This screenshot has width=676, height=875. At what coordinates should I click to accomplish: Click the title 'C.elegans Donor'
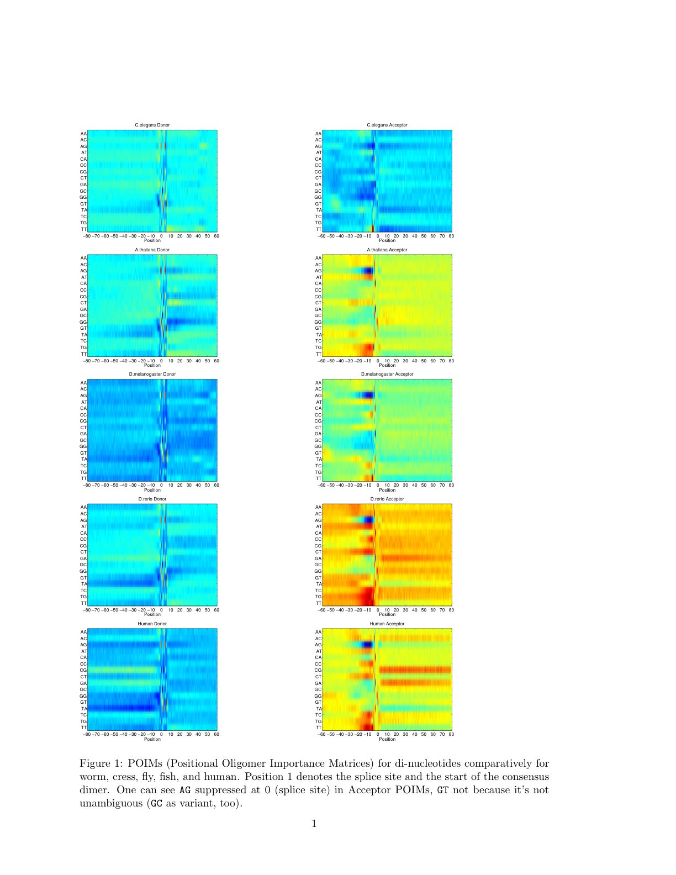[152, 125]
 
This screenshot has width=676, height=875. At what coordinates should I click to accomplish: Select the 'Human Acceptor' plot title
[387, 624]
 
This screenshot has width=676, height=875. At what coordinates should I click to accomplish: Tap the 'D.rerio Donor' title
[152, 499]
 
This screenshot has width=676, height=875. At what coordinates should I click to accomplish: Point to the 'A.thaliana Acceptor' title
[387, 250]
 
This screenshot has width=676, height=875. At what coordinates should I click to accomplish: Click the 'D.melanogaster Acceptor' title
[387, 374]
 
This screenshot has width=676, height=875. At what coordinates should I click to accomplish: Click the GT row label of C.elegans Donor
[83, 204]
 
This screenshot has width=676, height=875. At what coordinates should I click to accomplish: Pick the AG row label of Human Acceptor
[318, 645]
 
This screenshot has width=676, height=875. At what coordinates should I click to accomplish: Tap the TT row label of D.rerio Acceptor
[319, 603]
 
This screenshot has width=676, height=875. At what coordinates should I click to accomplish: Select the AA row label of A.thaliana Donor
[83, 258]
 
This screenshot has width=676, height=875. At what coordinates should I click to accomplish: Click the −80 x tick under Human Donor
[87, 734]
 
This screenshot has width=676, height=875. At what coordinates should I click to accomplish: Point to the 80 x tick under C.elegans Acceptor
[451, 236]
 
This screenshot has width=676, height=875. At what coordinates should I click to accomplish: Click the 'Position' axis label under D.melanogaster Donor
[152, 490]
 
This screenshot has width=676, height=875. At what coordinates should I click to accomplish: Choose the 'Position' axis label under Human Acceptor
[387, 739]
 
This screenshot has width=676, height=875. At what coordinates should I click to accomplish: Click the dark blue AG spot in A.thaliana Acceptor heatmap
[367, 271]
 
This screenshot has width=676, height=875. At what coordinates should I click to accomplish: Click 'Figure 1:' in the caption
[101, 763]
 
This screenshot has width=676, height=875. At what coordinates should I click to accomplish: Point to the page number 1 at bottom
[314, 824]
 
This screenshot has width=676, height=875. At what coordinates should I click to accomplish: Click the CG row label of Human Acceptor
[318, 670]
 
